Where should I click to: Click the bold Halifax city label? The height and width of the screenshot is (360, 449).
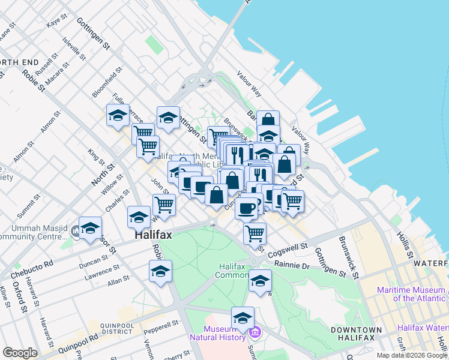click(x=152, y=236)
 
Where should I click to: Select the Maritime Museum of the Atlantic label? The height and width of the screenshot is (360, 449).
click(x=411, y=294)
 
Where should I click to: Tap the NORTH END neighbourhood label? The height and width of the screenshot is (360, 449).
click(x=19, y=62)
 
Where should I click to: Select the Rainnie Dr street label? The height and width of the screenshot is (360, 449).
click(x=292, y=265)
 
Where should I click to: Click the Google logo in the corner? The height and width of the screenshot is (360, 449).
click(x=20, y=353)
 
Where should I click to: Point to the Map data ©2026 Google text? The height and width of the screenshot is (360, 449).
click(x=412, y=355)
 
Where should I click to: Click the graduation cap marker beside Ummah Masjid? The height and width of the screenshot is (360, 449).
click(x=90, y=229)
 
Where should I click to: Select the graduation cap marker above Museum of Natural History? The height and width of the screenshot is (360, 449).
click(x=243, y=318)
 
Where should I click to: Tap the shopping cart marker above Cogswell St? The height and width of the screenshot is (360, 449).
click(x=255, y=233)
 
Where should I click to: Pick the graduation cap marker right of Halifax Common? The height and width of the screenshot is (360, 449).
click(x=260, y=281)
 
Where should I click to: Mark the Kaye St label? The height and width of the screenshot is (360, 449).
click(x=55, y=22)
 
